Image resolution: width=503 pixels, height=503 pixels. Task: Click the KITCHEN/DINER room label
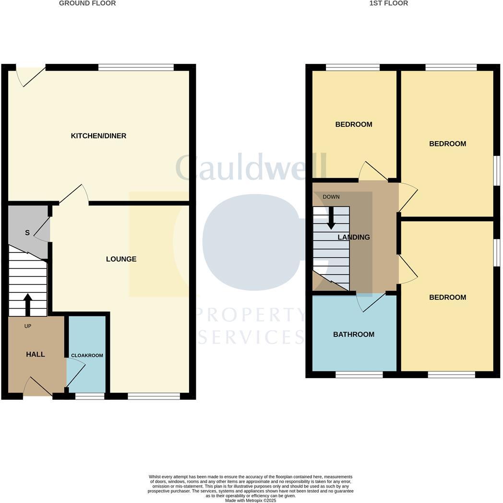[x=98, y=136]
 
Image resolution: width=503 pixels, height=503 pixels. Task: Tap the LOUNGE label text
[x=121, y=259]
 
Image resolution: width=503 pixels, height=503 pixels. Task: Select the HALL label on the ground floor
[x=36, y=354]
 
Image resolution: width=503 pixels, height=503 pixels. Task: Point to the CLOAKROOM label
[x=87, y=356]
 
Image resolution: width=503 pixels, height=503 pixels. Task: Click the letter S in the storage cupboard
[x=27, y=233]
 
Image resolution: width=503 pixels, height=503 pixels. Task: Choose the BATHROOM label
[x=354, y=335]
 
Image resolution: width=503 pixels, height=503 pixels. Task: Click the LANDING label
[x=354, y=237]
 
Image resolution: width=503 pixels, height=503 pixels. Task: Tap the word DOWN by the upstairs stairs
[x=331, y=197]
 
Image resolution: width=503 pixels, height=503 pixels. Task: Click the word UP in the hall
[x=28, y=326]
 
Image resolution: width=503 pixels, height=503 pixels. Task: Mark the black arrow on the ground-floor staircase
[x=28, y=303]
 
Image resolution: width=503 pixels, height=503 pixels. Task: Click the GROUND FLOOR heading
[x=87, y=3]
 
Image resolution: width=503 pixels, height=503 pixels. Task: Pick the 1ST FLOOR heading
[x=389, y=3]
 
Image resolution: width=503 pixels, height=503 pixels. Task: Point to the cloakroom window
[x=90, y=396]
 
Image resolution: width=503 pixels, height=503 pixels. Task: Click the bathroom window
[x=359, y=374]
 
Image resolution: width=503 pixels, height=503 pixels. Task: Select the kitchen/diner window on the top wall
[x=136, y=68]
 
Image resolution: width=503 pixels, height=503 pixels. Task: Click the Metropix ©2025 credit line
[x=251, y=501]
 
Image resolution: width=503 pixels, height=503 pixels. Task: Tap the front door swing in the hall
[x=36, y=387]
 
